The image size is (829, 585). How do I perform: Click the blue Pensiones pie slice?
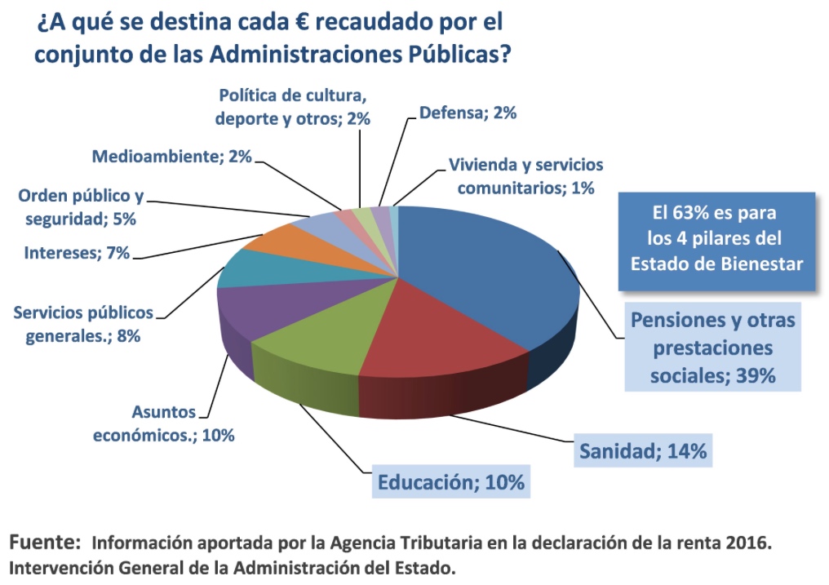[x=486, y=275]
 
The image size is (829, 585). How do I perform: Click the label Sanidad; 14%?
[x=643, y=450]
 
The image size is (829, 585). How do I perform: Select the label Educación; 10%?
[x=451, y=482]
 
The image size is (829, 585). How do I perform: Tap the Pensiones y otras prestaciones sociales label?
[x=712, y=348]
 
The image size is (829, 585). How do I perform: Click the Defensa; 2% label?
[x=468, y=113]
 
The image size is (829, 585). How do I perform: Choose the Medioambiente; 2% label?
[x=172, y=157]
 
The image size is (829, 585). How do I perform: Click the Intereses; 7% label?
[x=77, y=253]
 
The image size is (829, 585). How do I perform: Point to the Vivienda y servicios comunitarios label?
[x=526, y=176]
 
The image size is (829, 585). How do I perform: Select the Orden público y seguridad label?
[x=81, y=206]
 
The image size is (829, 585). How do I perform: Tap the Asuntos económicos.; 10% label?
[x=164, y=423]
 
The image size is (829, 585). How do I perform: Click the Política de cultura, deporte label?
[x=292, y=107]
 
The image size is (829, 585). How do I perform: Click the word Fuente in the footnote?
[x=45, y=543]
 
